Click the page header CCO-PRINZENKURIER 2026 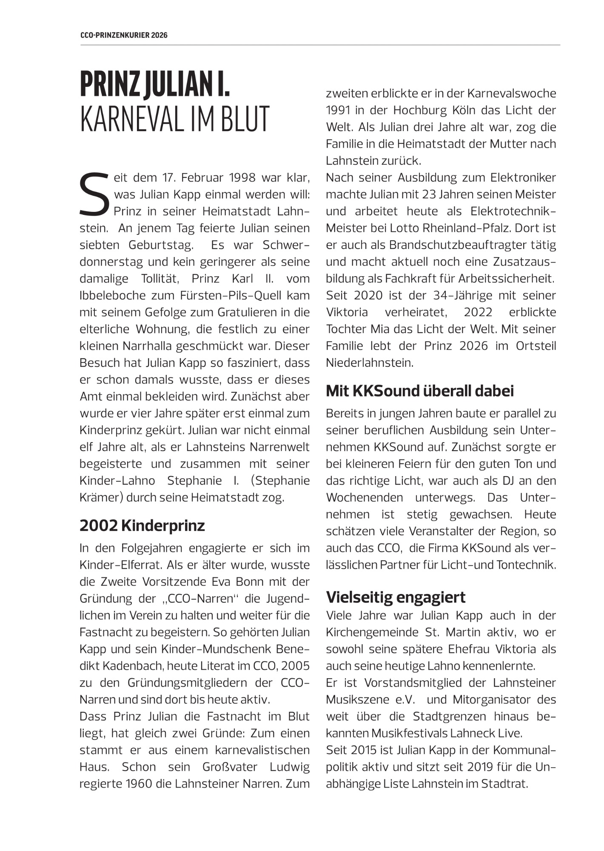click(x=124, y=35)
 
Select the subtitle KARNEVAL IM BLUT click(x=174, y=119)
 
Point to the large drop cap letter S click(x=94, y=194)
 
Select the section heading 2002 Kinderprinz click(x=142, y=526)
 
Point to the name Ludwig click(x=290, y=767)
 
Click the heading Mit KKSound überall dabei click(x=420, y=391)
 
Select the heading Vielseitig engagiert click(x=396, y=597)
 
